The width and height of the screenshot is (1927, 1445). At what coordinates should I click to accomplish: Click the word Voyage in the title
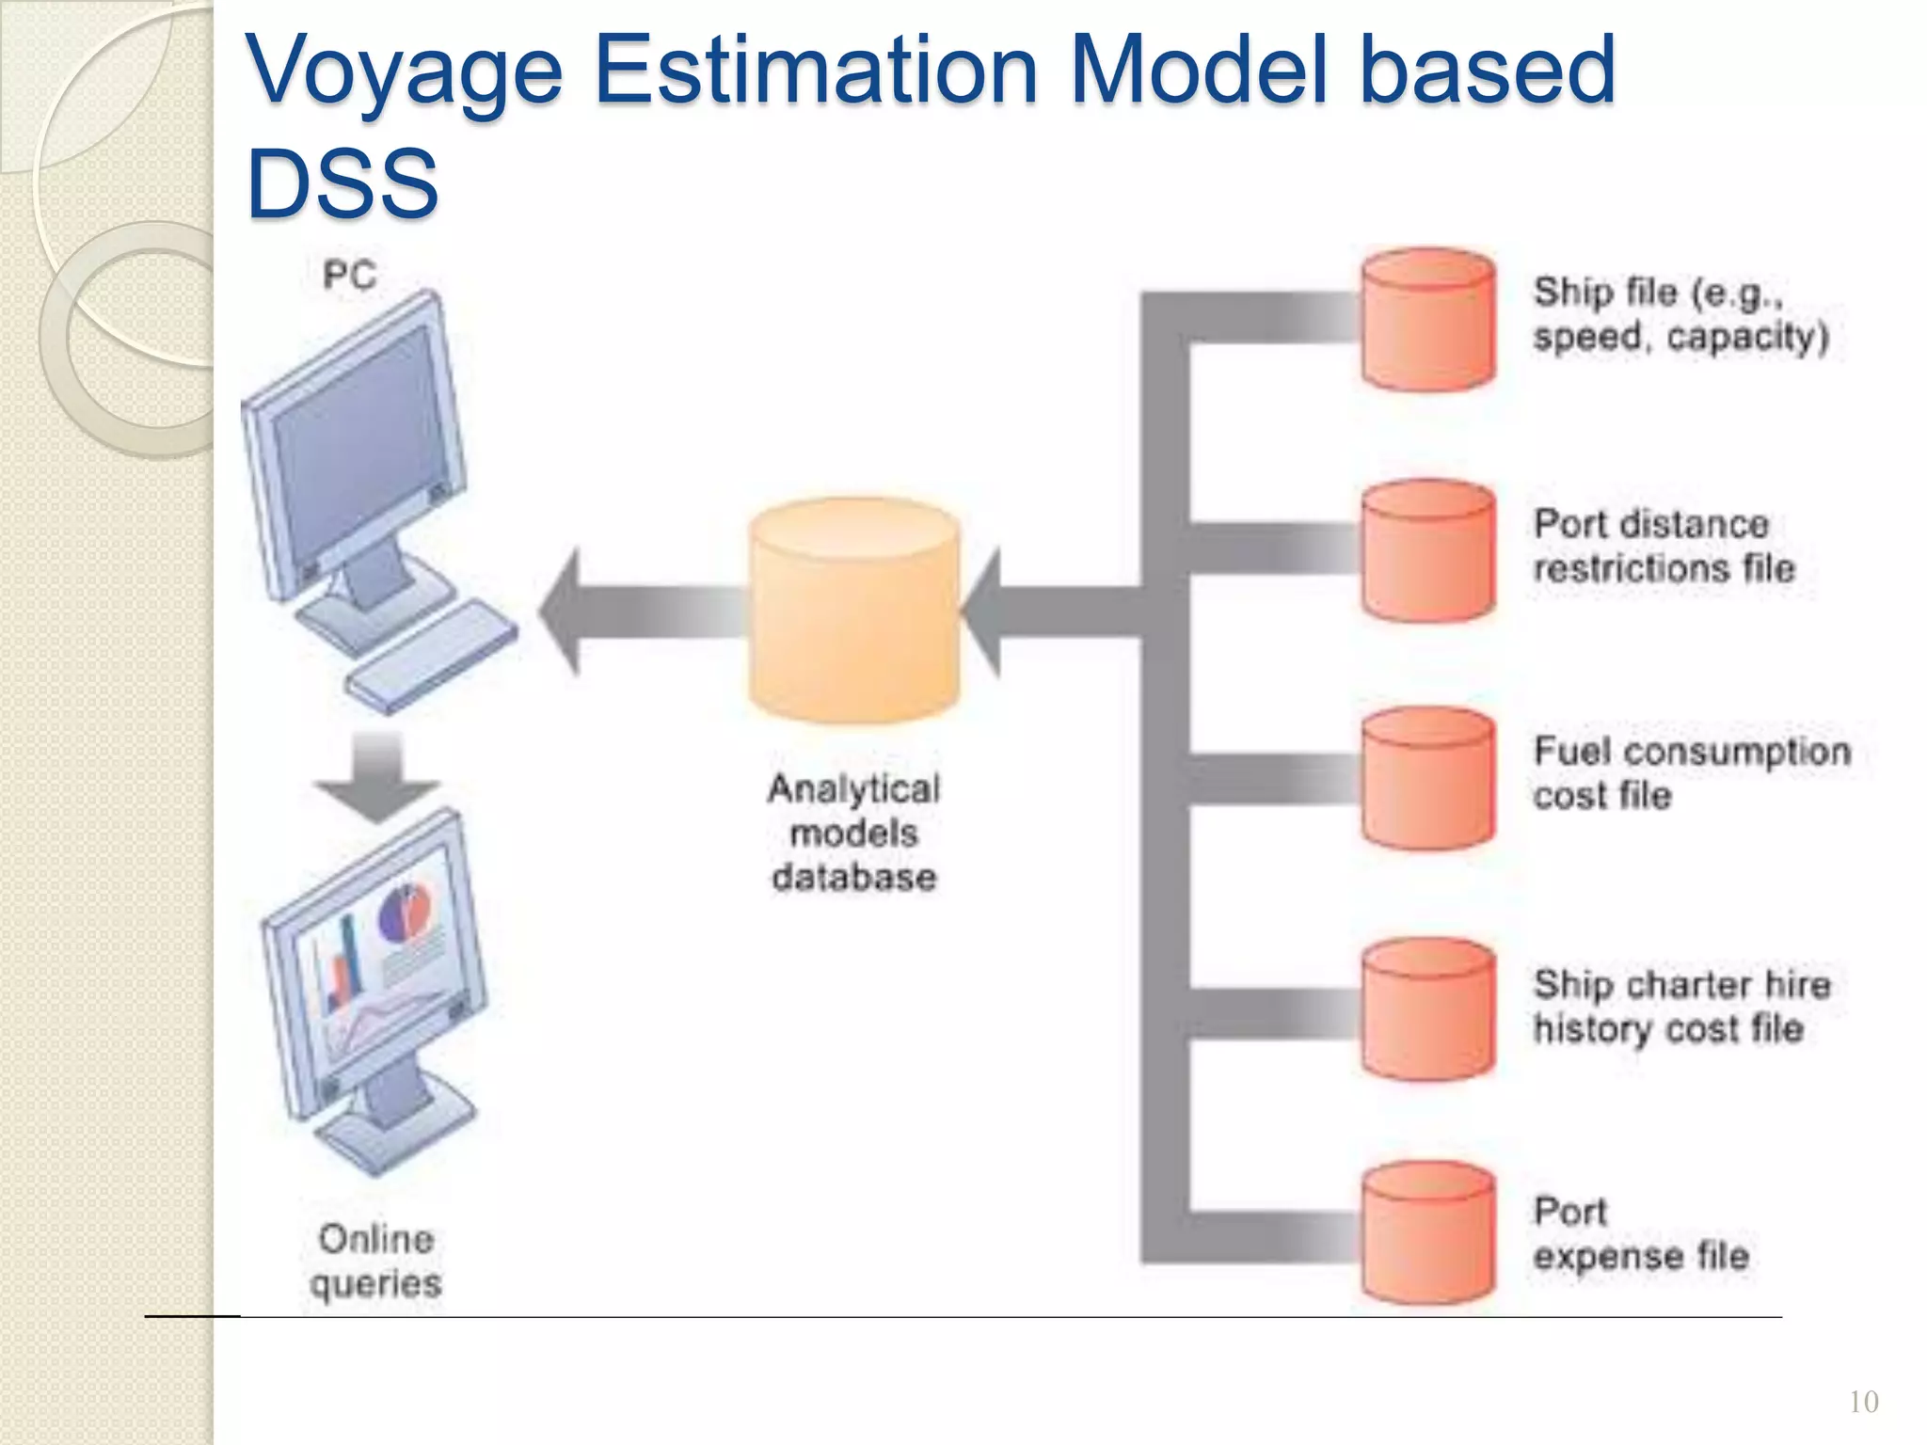tap(404, 71)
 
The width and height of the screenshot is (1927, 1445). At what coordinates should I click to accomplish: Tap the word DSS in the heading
tap(342, 183)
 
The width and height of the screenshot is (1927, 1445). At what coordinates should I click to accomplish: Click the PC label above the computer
tap(349, 276)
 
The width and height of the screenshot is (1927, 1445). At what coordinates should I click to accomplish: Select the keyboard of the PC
tap(431, 655)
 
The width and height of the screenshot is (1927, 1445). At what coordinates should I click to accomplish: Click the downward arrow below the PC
tap(377, 775)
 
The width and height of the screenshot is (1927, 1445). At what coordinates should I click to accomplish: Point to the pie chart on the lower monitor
tap(405, 913)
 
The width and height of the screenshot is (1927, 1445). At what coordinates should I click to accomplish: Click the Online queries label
tap(375, 1261)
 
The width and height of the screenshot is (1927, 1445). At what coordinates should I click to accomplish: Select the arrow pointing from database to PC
tap(640, 611)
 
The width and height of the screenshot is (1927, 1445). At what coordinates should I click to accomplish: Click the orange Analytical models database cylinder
tap(853, 611)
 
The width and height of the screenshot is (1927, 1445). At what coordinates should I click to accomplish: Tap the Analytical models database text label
tap(853, 833)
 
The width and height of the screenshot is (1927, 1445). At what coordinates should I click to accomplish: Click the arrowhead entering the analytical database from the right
tap(983, 611)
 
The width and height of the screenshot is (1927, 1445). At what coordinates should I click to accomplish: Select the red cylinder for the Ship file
tap(1427, 320)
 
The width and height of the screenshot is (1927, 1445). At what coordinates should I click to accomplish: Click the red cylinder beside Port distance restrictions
tap(1427, 551)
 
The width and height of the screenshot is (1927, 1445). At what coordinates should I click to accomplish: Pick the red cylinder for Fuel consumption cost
tap(1427, 779)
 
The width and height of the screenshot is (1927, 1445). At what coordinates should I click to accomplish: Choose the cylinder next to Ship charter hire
tap(1427, 1009)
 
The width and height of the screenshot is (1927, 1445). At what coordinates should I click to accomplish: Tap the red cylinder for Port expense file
tap(1427, 1232)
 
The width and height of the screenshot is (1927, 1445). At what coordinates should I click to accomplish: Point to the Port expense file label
tap(1640, 1233)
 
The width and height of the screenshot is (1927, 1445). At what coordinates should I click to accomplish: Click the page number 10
tap(1863, 1403)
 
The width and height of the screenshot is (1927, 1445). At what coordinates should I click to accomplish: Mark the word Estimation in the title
tap(816, 71)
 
